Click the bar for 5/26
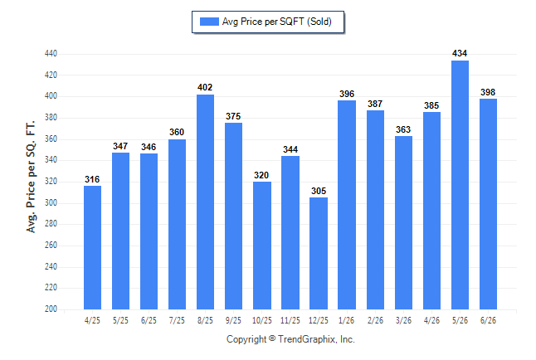pos(460,185)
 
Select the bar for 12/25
pos(319,253)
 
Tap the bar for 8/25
pos(205,202)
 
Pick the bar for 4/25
pos(92,247)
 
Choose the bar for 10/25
pos(262,246)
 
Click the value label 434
pos(460,53)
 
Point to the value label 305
pos(319,191)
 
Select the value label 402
pos(205,88)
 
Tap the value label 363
pos(403,129)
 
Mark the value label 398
pos(488,92)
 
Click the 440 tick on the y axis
pos(51,54)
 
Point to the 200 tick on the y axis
pos(51,309)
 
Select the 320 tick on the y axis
pos(51,181)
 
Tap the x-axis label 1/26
pos(346,320)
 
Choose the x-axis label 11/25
pos(290,320)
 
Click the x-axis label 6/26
pos(488,320)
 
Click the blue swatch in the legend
pos(209,22)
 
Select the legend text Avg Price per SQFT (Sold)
pos(277,22)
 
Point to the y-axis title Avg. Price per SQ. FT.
pos(31,177)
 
